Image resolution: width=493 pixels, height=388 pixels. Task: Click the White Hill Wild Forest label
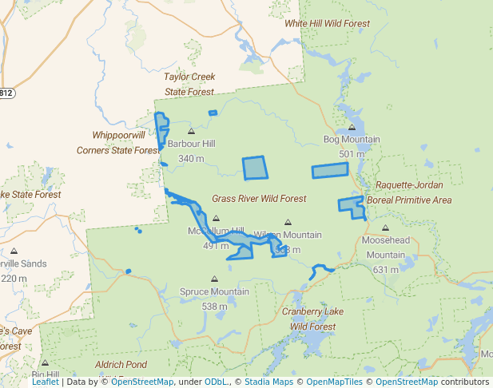(x=328, y=24)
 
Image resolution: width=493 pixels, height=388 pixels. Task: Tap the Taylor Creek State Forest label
(x=189, y=84)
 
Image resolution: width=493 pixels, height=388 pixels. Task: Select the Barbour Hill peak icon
(x=191, y=132)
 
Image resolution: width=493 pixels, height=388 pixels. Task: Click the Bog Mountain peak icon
(x=352, y=127)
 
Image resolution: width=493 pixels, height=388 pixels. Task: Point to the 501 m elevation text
(x=352, y=154)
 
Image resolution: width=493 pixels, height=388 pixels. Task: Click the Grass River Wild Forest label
(x=259, y=198)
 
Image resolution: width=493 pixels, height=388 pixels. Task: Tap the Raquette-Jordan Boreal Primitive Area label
(x=409, y=192)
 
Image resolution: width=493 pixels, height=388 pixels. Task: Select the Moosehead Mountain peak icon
(x=384, y=228)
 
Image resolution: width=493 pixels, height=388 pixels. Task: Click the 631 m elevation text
(x=385, y=270)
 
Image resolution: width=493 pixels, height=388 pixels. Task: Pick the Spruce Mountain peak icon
(x=214, y=279)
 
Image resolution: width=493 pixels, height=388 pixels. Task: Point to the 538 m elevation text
(x=214, y=307)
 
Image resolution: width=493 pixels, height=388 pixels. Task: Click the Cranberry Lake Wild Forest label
(x=312, y=319)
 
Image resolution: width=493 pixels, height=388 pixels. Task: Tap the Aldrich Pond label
(x=121, y=364)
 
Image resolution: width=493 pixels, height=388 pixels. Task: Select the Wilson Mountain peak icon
(x=288, y=223)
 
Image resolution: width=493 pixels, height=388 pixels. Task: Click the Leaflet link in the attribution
(x=46, y=382)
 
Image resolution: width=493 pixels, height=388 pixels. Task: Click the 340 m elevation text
(x=191, y=159)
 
